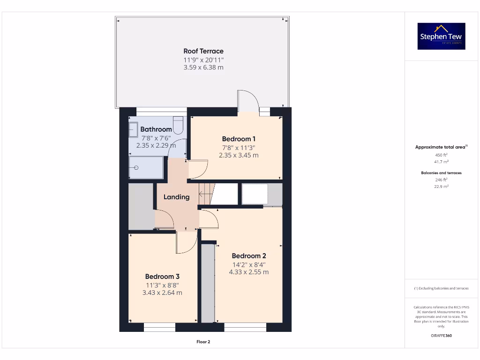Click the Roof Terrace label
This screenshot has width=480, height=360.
pyautogui.click(x=203, y=51)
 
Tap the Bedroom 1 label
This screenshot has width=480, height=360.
pyautogui.click(x=239, y=139)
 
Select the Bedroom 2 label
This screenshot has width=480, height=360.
pyautogui.click(x=249, y=256)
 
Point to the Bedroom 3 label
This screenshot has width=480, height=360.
pyautogui.click(x=162, y=277)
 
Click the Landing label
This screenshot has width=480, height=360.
pyautogui.click(x=176, y=197)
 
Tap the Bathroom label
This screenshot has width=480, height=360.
pyautogui.click(x=156, y=129)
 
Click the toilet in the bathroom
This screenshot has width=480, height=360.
pyautogui.click(x=178, y=125)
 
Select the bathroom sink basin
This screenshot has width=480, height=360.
pyautogui.click(x=133, y=129)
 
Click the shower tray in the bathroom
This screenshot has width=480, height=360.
pyautogui.click(x=146, y=167)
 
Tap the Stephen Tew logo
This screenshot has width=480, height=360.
pyautogui.click(x=442, y=36)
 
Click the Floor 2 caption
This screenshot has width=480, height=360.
pyautogui.click(x=203, y=342)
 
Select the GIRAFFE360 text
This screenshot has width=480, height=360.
pyautogui.click(x=441, y=336)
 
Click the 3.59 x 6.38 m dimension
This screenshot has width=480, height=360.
pyautogui.click(x=203, y=67)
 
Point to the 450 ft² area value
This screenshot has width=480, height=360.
pyautogui.click(x=441, y=155)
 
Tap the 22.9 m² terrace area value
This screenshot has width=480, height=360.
pyautogui.click(x=441, y=187)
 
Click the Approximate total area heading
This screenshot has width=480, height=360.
pyautogui.click(x=441, y=147)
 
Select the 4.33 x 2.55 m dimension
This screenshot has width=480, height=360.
pyautogui.click(x=249, y=272)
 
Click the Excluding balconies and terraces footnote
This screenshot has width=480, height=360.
pyautogui.click(x=441, y=288)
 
